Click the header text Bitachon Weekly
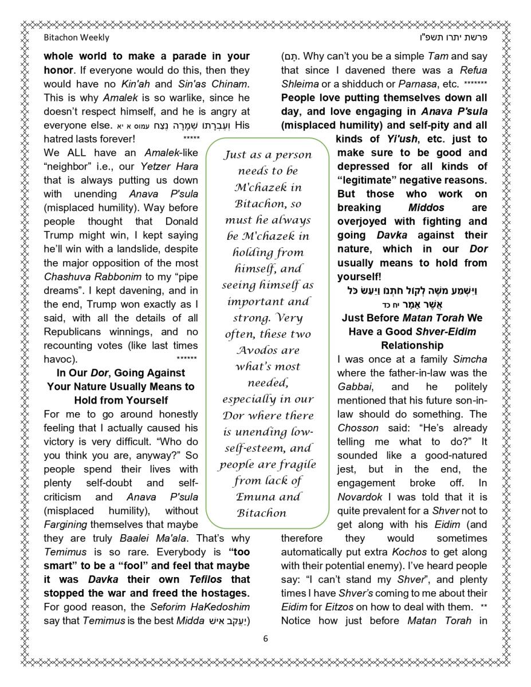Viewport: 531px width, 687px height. click(76, 38)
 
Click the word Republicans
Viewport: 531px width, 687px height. click(72, 331)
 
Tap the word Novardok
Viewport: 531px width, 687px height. click(359, 496)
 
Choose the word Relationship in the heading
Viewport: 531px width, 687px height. click(412, 345)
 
